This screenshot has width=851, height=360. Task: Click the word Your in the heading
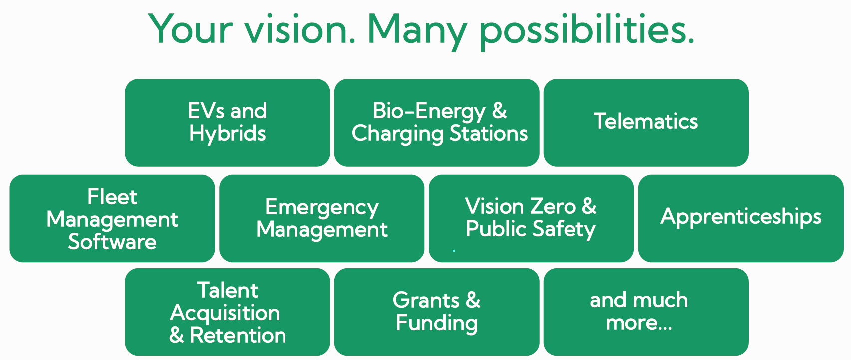(x=190, y=29)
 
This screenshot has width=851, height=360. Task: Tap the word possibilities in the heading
(x=586, y=32)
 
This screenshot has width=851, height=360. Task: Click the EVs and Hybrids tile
(x=228, y=123)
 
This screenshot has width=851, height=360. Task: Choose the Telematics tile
(x=646, y=123)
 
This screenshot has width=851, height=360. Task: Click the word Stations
(x=489, y=133)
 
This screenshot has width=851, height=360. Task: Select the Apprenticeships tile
(x=741, y=218)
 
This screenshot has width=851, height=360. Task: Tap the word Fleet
(x=112, y=197)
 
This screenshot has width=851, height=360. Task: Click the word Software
(x=112, y=242)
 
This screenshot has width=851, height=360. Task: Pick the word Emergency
(x=322, y=208)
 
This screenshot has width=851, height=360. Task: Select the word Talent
(x=228, y=291)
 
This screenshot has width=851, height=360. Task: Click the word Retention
(x=238, y=336)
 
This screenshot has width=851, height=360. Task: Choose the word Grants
(x=426, y=300)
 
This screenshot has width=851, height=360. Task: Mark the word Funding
(x=437, y=324)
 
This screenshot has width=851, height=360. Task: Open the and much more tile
(x=646, y=312)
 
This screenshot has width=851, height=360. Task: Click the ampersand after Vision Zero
(x=589, y=206)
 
